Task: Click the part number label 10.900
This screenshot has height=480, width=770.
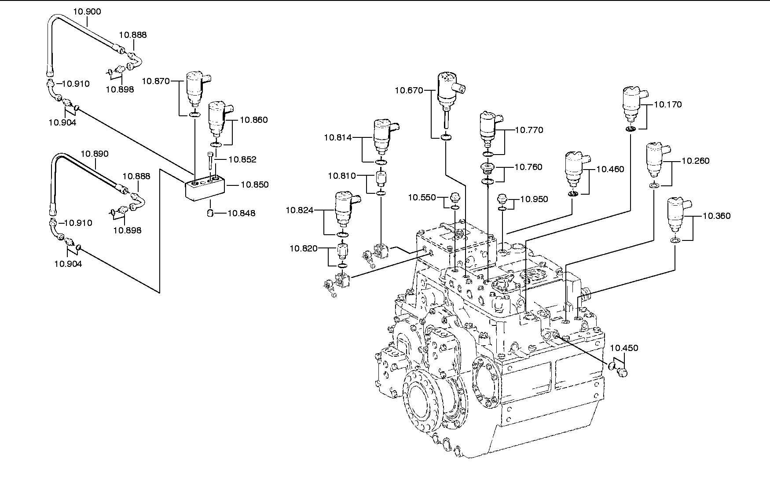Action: pyautogui.click(x=87, y=11)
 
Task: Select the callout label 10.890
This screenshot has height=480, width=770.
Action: pyautogui.click(x=95, y=154)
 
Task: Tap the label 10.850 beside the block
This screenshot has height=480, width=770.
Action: pyautogui.click(x=254, y=185)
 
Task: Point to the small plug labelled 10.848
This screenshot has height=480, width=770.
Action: pyautogui.click(x=211, y=214)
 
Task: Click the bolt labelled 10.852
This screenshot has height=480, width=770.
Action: pyautogui.click(x=210, y=161)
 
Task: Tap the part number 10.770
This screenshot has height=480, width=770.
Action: pyautogui.click(x=529, y=130)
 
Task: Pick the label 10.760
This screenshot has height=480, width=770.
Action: pyautogui.click(x=528, y=167)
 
